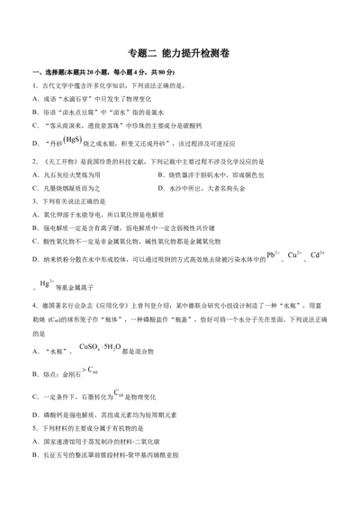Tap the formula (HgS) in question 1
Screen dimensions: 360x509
pyautogui.click(x=73, y=140)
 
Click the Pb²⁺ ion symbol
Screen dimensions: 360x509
pyautogui.click(x=273, y=256)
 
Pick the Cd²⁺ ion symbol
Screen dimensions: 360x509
pyautogui.click(x=317, y=256)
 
